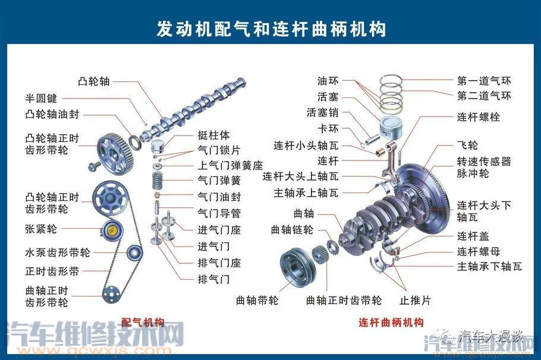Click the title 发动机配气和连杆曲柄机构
pos(270,28)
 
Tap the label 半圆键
pos(40,98)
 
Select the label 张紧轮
pos(41,229)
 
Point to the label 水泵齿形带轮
pos(57,252)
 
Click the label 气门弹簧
pos(218,179)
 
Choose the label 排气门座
pos(218,263)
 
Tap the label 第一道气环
pos(483,80)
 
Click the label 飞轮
pos(467,145)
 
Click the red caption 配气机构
pos(143,323)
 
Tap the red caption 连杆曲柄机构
pos(391,323)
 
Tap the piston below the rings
pos(392,127)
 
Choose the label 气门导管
pos(218,213)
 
